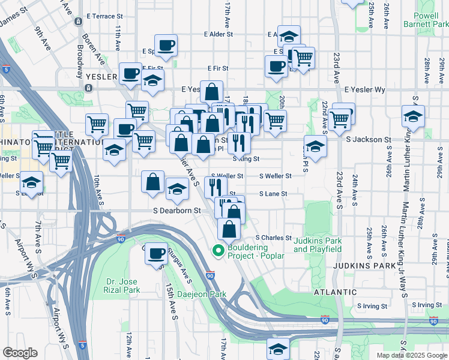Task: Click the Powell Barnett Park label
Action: tap(430, 20)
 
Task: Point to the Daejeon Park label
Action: tap(202, 295)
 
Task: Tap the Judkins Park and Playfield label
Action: tap(318, 245)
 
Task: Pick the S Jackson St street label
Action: tap(369, 139)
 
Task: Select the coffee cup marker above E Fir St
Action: tap(166, 44)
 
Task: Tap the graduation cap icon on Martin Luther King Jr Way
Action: tap(414, 116)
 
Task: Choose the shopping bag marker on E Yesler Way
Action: tap(212, 92)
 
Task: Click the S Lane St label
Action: tap(273, 194)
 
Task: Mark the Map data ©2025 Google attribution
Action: tap(412, 355)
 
